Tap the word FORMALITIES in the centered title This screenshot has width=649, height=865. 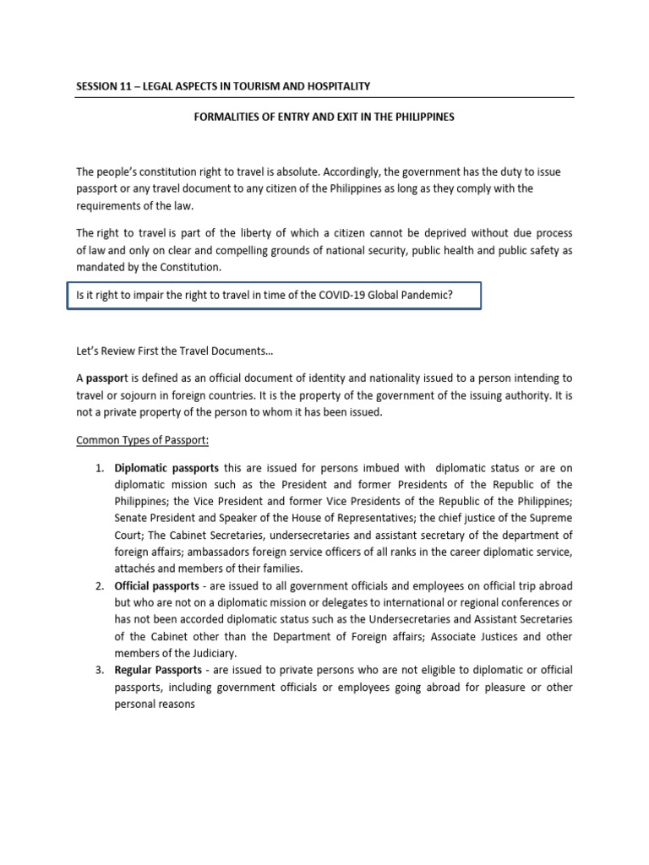224,117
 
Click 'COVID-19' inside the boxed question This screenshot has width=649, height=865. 317,296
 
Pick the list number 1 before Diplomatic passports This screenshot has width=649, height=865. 99,467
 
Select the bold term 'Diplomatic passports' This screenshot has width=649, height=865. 166,467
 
